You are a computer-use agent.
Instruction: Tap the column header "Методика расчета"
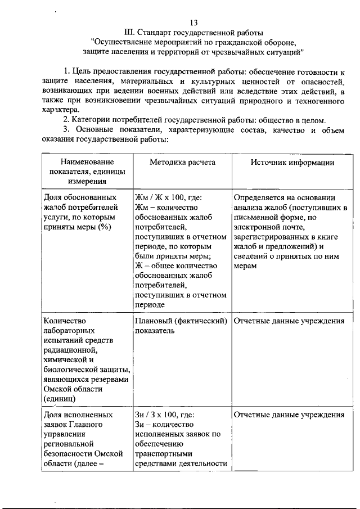click(x=182, y=162)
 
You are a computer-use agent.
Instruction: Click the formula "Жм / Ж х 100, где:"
click(x=168, y=197)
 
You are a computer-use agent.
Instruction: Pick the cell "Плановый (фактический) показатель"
click(x=180, y=326)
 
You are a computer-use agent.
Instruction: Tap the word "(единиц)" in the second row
click(x=60, y=398)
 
